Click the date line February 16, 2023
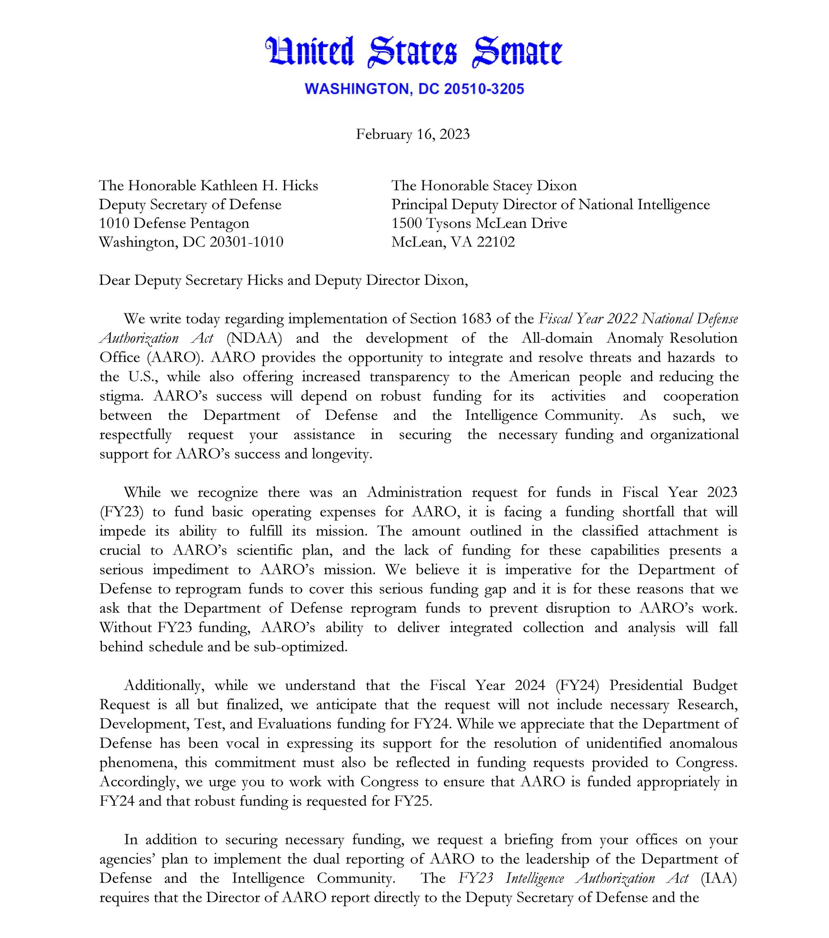[413, 134]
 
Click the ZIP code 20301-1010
[246, 242]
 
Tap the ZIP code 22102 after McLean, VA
[496, 242]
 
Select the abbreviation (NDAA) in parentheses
[254, 338]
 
